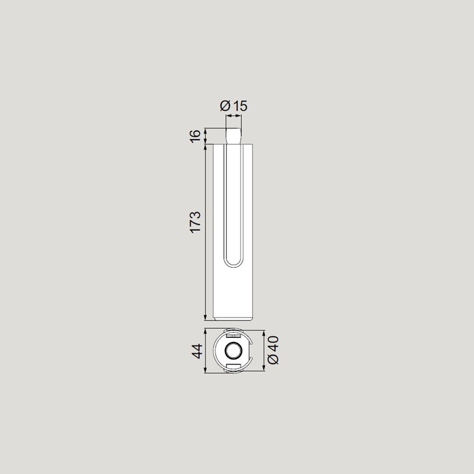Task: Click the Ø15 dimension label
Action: (233, 106)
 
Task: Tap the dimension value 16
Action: (196, 135)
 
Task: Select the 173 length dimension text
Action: (196, 222)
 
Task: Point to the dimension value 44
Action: (197, 351)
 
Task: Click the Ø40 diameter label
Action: (273, 350)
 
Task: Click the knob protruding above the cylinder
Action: (233, 136)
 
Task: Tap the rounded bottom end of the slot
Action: (233, 262)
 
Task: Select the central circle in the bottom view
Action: (233, 351)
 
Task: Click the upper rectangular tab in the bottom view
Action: (233, 336)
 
